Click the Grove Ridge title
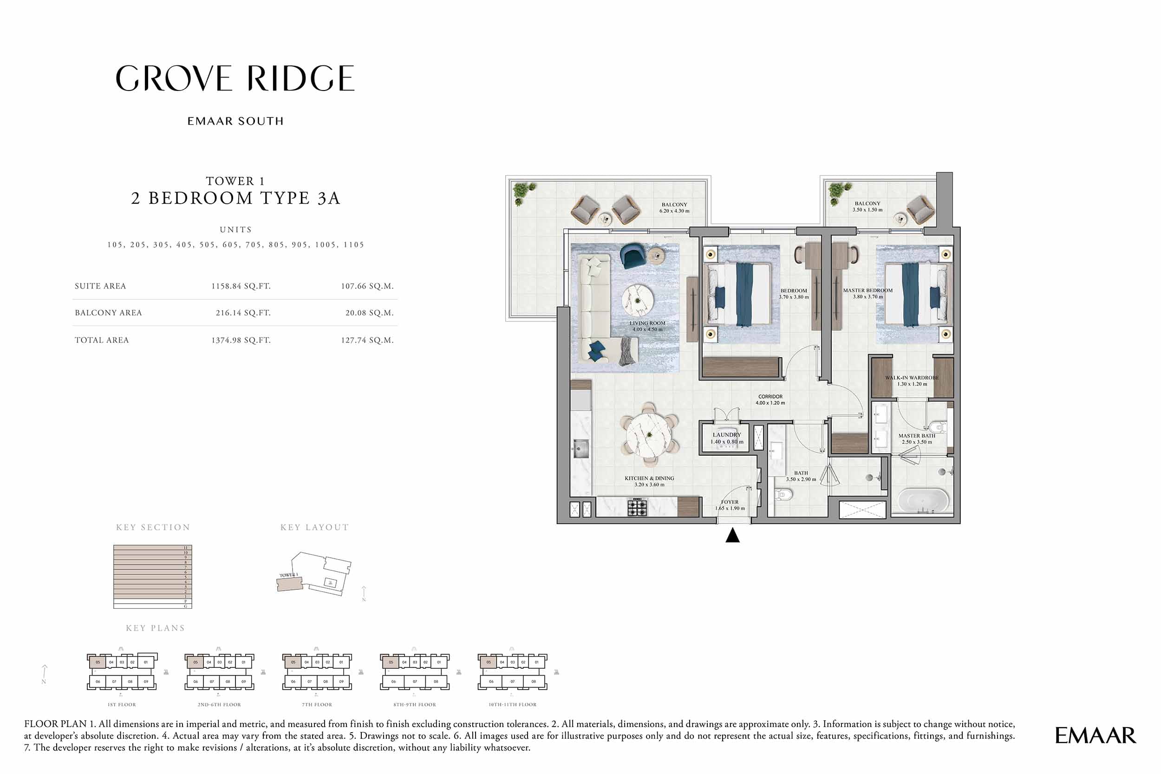point(235,78)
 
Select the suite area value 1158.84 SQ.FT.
point(241,286)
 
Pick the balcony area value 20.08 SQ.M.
point(369,312)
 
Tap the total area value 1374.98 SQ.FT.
point(241,340)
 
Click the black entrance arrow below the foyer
point(732,535)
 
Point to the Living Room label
point(647,326)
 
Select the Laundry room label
point(727,439)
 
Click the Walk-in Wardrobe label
point(912,381)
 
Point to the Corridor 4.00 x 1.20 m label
point(770,400)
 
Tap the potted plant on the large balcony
point(523,192)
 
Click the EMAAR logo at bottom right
point(1096,735)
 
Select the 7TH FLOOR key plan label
point(317,704)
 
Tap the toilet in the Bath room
point(783,494)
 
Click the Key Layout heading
point(314,527)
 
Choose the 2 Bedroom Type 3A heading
point(235,198)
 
